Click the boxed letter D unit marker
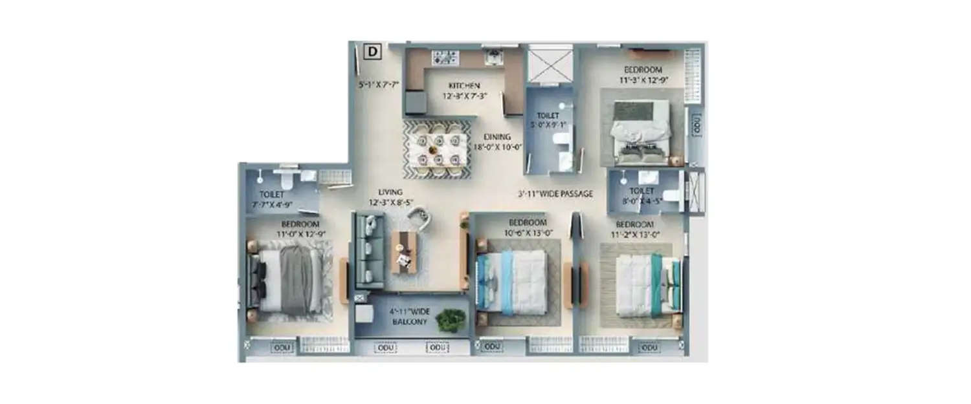tap(374, 51)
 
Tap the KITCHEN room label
tap(464, 86)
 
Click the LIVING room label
tap(391, 192)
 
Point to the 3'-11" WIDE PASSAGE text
tap(555, 193)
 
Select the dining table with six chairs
tap(437, 149)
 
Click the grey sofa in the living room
tap(368, 251)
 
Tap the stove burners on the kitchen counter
tap(443, 57)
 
